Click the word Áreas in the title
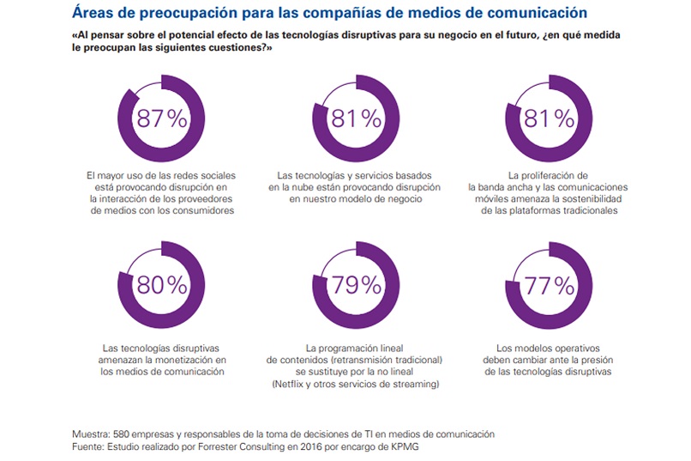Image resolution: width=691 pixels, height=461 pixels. pyautogui.click(x=94, y=13)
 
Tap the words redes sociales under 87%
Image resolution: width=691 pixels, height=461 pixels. pyautogui.click(x=205, y=175)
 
